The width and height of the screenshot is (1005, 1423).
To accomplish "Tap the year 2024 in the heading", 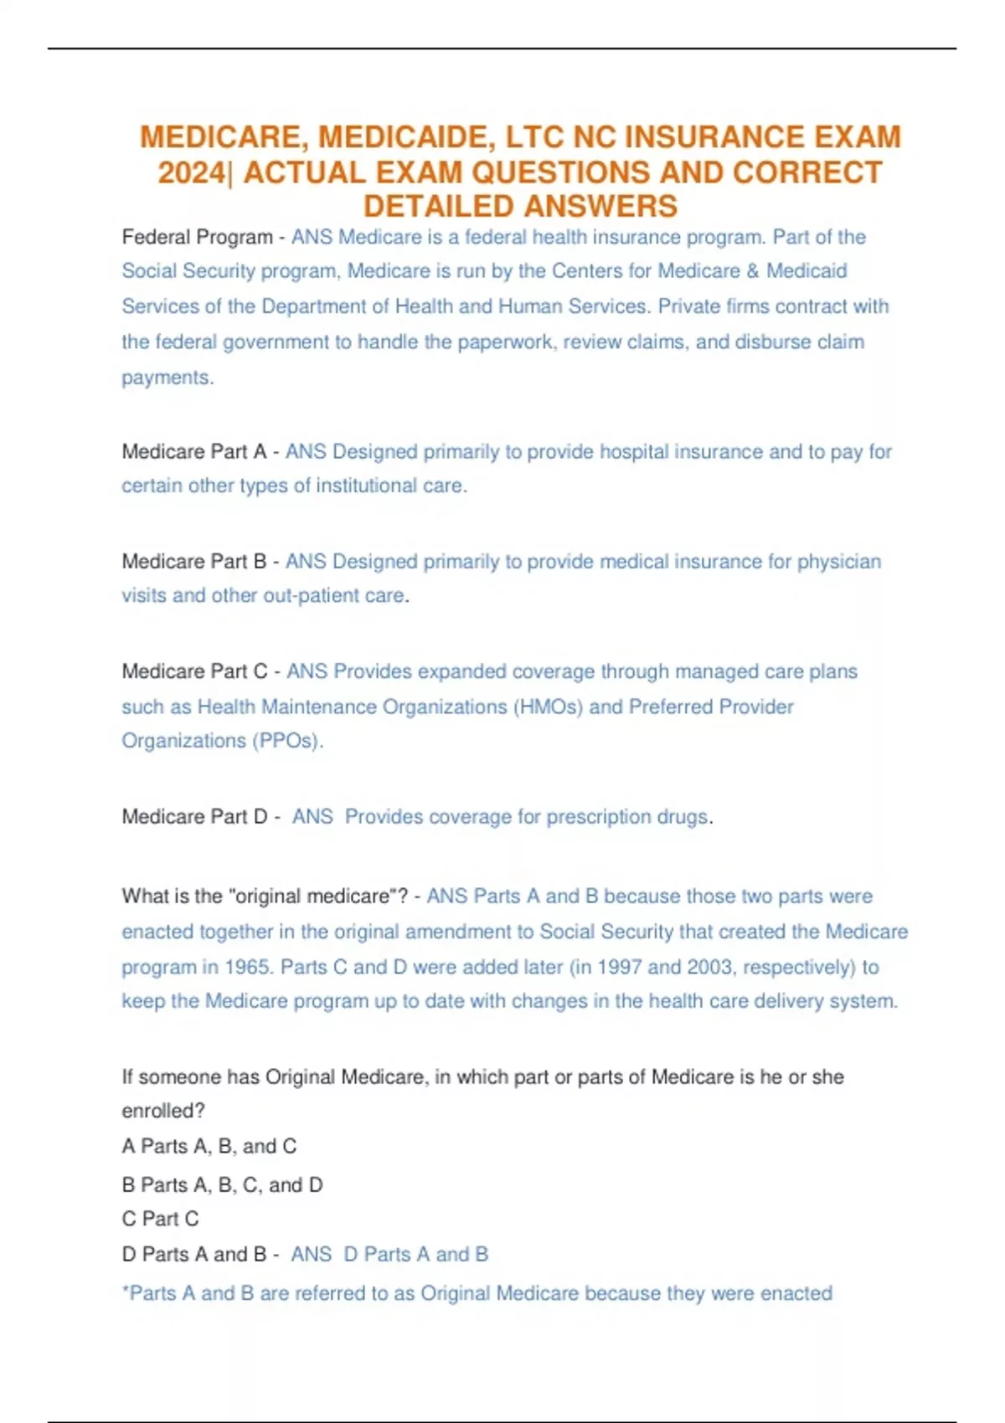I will point(192,172).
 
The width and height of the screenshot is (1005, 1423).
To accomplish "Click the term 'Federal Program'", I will point(197,238).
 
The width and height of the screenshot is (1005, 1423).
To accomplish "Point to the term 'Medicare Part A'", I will point(194,452).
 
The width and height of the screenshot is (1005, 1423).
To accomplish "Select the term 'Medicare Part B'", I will point(194,562).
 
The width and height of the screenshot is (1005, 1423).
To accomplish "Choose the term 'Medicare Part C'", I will point(194,671).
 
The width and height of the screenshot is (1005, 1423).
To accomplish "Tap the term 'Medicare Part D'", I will point(194,817).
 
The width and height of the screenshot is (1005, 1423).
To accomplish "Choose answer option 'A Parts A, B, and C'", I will point(209,1147).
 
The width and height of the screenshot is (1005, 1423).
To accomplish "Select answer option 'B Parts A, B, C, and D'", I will point(222,1185).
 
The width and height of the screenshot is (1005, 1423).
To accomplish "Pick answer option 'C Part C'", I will point(161,1220).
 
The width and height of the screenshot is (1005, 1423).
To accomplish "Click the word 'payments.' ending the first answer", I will point(167,378).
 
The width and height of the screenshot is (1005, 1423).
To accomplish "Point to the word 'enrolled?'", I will point(163,1112).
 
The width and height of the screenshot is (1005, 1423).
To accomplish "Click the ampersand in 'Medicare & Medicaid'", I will point(753,272).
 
